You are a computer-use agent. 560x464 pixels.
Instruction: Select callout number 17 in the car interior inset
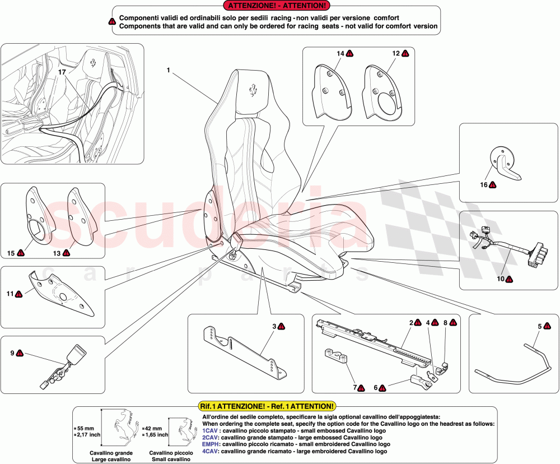[62, 72]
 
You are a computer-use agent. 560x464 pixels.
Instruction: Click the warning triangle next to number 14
[349, 54]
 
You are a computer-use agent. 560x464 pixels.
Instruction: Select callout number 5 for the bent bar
[540, 326]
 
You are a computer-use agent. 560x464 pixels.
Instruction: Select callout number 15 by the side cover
[11, 253]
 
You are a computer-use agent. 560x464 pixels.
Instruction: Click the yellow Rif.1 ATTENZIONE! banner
[267, 406]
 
